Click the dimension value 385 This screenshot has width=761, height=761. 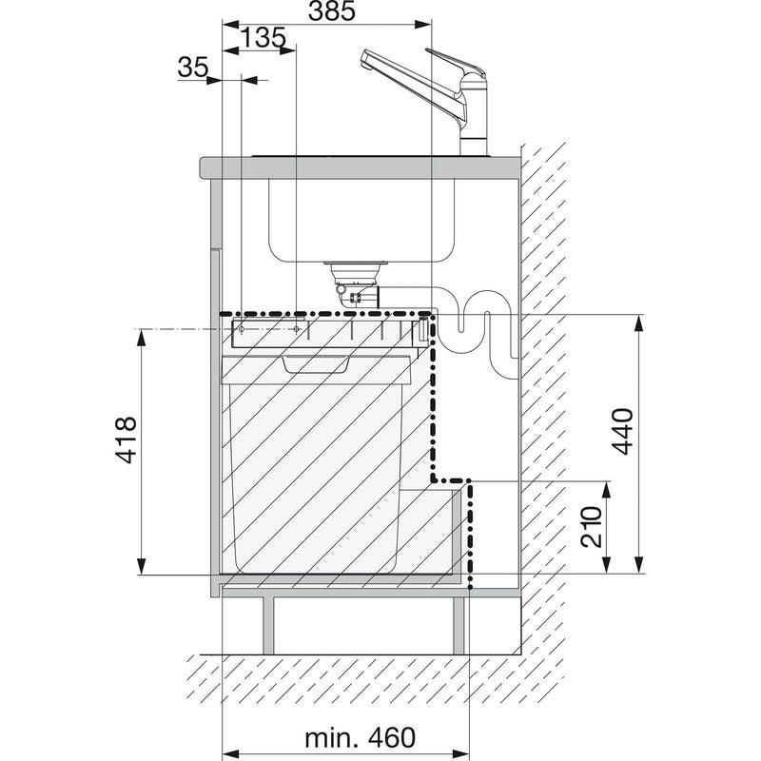tap(332, 11)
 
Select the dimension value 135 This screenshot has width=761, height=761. tap(263, 38)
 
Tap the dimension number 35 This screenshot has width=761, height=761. tap(193, 67)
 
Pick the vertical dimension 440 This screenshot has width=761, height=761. tap(623, 432)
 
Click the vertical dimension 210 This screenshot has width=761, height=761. tap(592, 527)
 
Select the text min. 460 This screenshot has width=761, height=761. tap(361, 738)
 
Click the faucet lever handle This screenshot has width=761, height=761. tap(456, 62)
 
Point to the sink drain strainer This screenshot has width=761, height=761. tap(357, 265)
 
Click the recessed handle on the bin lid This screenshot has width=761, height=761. tap(316, 364)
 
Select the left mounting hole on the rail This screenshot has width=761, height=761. tap(242, 330)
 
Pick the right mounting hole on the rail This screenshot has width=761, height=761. tap(296, 330)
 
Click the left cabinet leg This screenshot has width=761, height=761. tap(268, 625)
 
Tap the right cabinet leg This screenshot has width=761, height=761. tap(459, 625)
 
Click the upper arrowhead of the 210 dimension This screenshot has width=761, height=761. tap(606, 490)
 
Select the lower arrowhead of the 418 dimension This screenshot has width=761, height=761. tap(141, 566)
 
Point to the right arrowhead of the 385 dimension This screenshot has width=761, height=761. tap(422, 25)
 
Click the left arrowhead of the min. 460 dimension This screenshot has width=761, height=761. tap(230, 754)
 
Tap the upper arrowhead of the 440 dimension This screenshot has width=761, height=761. tap(639, 323)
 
